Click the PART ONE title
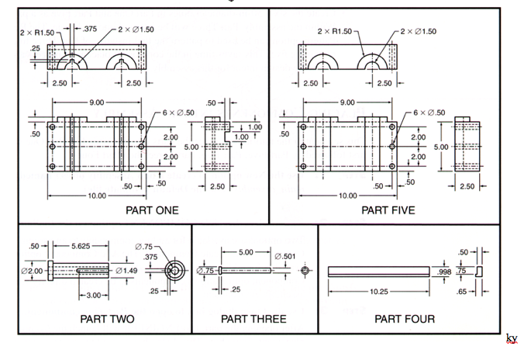[151, 209]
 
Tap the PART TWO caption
[107, 319]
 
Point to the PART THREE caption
[253, 319]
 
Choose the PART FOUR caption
[405, 319]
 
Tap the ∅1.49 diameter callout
[126, 271]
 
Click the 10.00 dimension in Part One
[96, 196]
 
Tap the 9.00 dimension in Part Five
[346, 102]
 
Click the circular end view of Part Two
[175, 271]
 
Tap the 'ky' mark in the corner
[512, 338]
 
